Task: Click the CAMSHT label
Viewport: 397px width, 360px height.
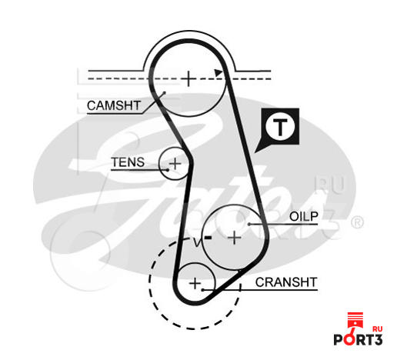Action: tap(114, 105)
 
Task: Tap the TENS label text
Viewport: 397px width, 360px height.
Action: tap(128, 162)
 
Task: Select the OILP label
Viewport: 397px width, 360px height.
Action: tap(304, 217)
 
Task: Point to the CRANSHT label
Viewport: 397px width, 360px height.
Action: tap(286, 282)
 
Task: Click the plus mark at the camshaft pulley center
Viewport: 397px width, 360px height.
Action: tap(188, 78)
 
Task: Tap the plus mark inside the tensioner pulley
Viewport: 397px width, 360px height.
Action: tap(175, 163)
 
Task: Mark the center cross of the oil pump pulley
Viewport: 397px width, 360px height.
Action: tap(235, 238)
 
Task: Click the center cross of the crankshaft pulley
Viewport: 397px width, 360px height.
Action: tap(195, 283)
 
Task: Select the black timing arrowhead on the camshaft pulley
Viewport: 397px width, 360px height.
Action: tap(219, 72)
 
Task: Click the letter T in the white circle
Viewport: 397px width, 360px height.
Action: tap(280, 127)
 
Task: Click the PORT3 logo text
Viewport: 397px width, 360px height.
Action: tap(358, 339)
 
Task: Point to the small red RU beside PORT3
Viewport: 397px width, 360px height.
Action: tap(377, 329)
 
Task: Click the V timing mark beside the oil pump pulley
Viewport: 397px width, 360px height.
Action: tap(197, 242)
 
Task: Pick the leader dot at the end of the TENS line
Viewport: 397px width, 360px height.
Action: tap(168, 170)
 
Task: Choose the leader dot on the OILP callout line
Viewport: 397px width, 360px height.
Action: tap(249, 224)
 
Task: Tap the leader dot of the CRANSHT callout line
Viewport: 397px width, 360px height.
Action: tap(203, 290)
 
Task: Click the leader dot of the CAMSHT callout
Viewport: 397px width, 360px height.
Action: tap(165, 92)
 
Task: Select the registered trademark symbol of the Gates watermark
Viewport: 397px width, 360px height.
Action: tap(357, 222)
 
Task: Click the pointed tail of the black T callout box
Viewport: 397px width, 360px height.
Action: tap(255, 152)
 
